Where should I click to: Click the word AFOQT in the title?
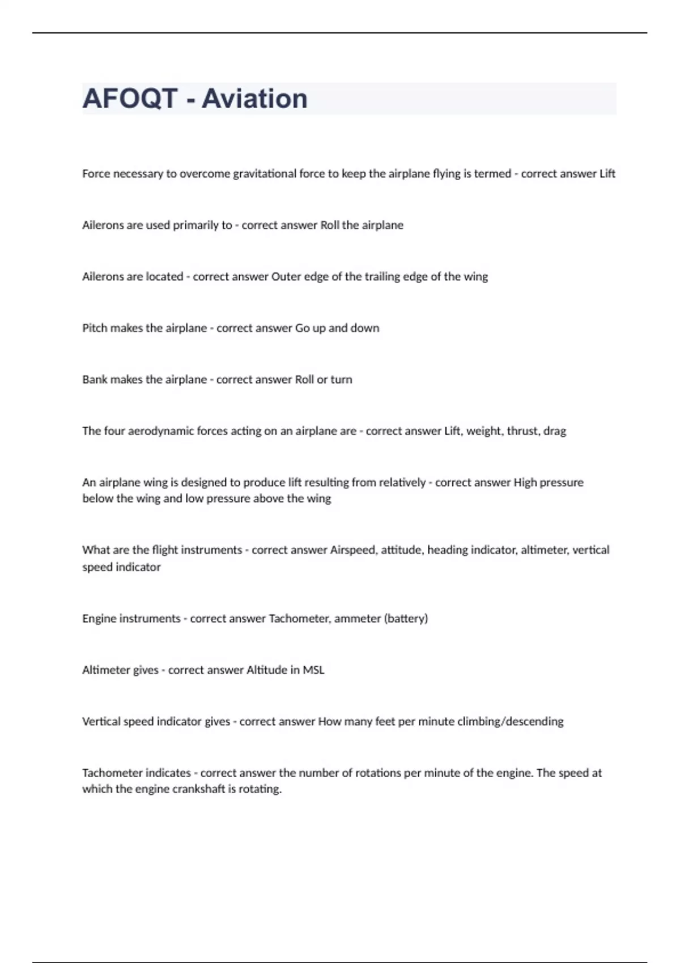[x=130, y=99]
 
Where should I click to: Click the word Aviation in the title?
[x=254, y=99]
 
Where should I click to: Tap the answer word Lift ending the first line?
[x=607, y=174]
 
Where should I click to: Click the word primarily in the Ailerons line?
[x=195, y=225]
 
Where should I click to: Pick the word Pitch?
[x=95, y=329]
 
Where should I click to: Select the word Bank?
[x=95, y=380]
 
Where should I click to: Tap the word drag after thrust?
[x=555, y=431]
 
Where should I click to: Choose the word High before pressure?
[x=525, y=483]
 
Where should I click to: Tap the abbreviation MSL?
[x=313, y=670]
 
